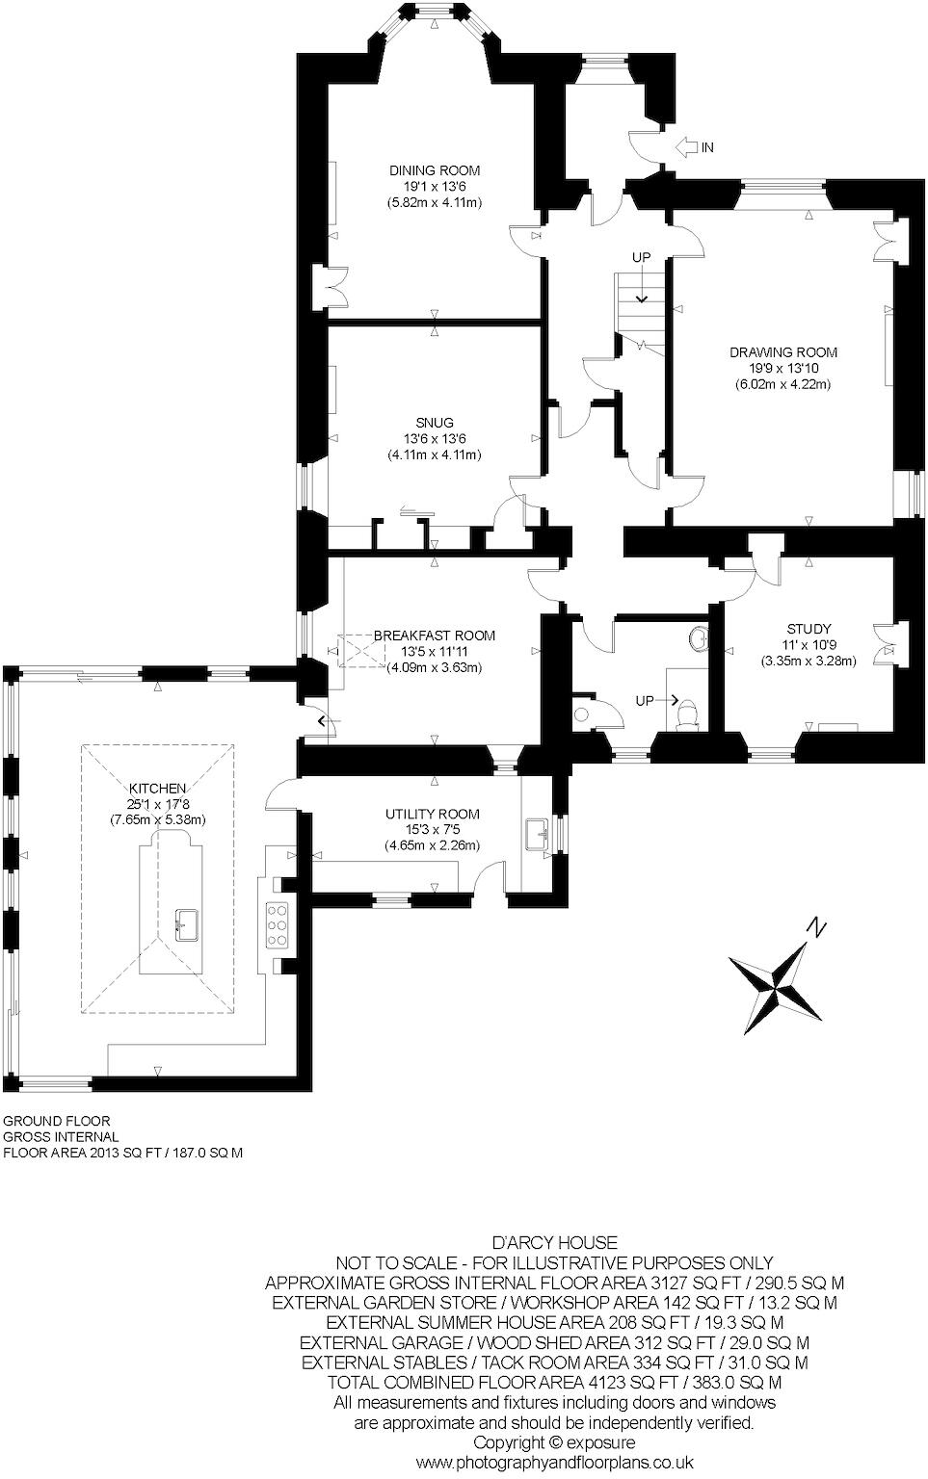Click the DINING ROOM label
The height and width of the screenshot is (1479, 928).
[434, 170]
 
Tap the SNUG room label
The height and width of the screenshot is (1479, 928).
[434, 423]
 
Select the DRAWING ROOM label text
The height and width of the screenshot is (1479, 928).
[782, 352]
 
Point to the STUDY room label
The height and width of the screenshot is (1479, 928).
[808, 630]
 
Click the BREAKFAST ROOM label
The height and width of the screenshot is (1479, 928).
[434, 636]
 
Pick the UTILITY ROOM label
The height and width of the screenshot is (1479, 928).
[432, 814]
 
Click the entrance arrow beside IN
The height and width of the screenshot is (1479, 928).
[686, 147]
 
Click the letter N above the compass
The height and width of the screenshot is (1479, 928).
[816, 928]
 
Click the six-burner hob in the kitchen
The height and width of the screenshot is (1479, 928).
[278, 925]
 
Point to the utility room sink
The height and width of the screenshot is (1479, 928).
[537, 834]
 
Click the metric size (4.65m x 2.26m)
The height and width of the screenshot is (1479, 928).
[432, 845]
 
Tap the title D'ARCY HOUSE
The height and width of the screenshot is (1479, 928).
[554, 1243]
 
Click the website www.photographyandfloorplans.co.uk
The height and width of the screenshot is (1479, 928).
[554, 1463]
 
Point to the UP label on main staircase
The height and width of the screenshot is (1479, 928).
[641, 257]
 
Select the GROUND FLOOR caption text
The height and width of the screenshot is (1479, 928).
[57, 1121]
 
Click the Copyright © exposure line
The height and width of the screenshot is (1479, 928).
[554, 1442]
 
